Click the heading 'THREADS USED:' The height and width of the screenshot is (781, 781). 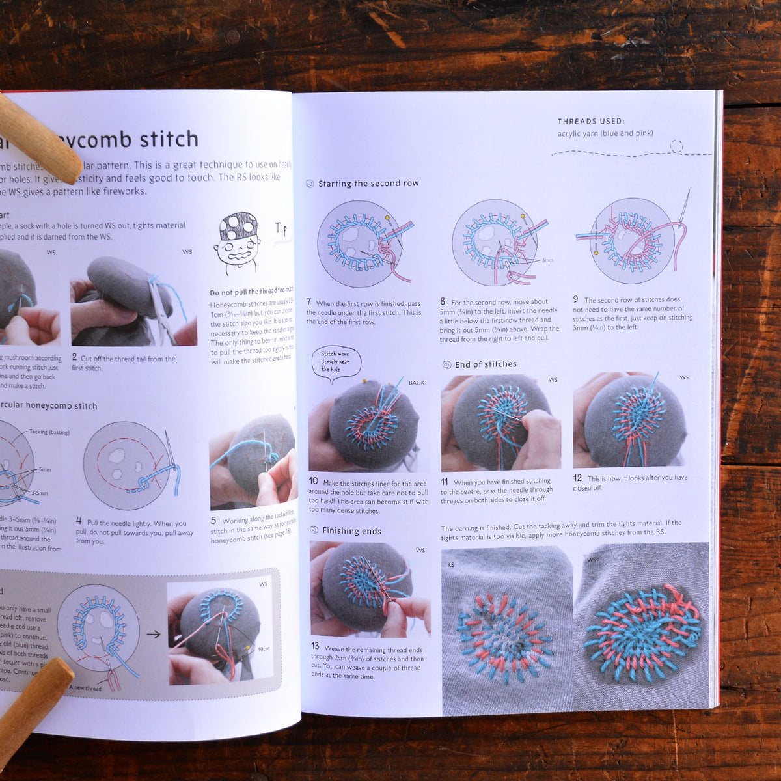(590, 121)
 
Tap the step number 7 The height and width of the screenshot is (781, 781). (309, 302)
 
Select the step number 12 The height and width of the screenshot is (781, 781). (577, 478)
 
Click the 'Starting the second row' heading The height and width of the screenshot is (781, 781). (368, 184)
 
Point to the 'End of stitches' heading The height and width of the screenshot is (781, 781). (486, 364)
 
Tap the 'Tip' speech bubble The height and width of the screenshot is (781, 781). (281, 228)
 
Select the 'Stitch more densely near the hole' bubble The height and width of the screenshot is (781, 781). (335, 362)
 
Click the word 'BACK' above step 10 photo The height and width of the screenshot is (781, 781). (417, 383)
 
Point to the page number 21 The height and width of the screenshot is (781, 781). (689, 687)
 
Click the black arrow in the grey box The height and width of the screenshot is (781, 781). (154, 634)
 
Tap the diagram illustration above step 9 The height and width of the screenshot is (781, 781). (631, 241)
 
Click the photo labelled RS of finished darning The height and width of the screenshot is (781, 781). (506, 629)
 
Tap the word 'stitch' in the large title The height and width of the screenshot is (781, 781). (169, 139)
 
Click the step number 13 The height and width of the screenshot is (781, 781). (315, 646)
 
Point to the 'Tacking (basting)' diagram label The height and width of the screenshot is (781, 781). (49, 432)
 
